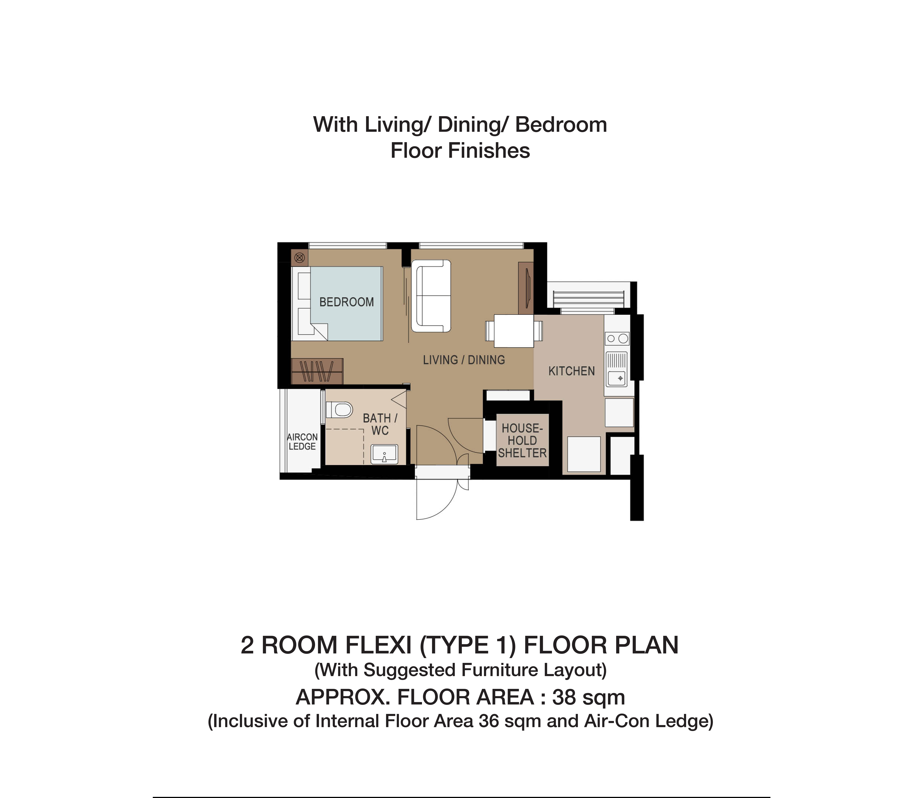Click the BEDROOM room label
[x=346, y=302]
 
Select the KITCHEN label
[x=571, y=371]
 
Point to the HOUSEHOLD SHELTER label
[x=522, y=440]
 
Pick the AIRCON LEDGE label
[x=302, y=442]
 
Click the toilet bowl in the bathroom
[x=339, y=409]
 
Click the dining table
[x=514, y=331]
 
